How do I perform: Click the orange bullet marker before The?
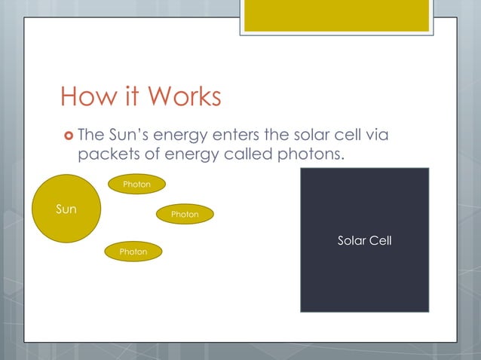[x=68, y=136]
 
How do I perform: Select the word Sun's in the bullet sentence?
[x=127, y=136]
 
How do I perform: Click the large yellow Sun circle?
[x=66, y=209]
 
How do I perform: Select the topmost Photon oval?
[x=136, y=185]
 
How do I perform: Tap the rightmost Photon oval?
[x=185, y=215]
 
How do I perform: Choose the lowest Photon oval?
[x=133, y=252]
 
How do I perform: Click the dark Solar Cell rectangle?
[x=364, y=279]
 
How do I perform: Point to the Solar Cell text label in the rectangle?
[x=364, y=241]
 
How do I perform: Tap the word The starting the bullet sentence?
[x=90, y=136]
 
